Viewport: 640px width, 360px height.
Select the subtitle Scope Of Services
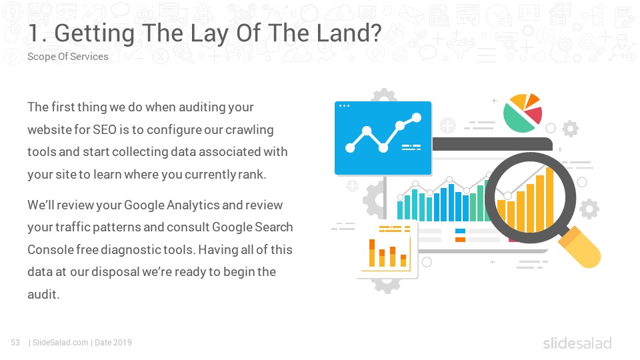pyautogui.click(x=68, y=56)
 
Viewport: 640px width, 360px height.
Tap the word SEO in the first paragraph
pyautogui.click(x=105, y=129)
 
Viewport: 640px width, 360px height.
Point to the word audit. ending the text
pyautogui.click(x=44, y=294)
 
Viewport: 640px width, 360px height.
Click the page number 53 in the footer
pyautogui.click(x=15, y=343)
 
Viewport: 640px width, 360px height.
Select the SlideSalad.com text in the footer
pyautogui.click(x=61, y=343)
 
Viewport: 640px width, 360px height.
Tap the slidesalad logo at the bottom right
pyautogui.click(x=577, y=343)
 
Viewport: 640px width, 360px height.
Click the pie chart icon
pyautogui.click(x=523, y=113)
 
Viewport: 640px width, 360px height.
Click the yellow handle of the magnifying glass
pyautogui.click(x=579, y=248)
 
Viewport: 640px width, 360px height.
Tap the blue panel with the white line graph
pyautogui.click(x=383, y=138)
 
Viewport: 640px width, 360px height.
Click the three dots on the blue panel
pyautogui.click(x=344, y=106)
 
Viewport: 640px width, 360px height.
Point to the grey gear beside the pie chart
pyautogui.click(x=570, y=129)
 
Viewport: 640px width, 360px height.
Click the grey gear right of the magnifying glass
pyautogui.click(x=589, y=209)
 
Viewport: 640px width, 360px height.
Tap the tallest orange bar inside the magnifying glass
pyautogui.click(x=550, y=199)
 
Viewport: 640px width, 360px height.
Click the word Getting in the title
pyautogui.click(x=94, y=34)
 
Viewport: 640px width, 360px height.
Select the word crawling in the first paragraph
pyautogui.click(x=249, y=130)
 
